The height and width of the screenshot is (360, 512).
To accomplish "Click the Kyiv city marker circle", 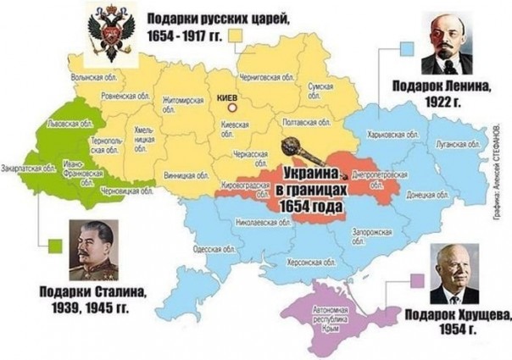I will point(241,108).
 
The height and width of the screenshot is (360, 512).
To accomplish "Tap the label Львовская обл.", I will point(69,124).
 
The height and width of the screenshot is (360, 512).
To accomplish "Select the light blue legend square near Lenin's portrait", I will point(407,48).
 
